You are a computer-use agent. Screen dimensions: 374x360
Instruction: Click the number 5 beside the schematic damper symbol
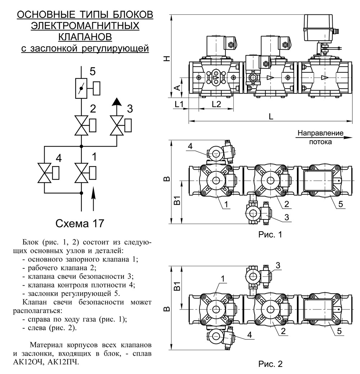93,71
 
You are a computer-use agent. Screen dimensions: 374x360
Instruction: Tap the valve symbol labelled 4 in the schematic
44,173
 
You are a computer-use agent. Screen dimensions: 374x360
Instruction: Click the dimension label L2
216,104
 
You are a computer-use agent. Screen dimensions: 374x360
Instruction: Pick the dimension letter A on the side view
176,88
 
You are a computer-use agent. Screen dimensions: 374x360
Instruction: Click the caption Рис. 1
270,235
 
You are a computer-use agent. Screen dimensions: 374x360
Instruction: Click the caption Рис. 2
270,364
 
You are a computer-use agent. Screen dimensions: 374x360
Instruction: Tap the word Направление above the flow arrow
321,133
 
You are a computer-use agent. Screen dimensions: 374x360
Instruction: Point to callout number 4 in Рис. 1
190,146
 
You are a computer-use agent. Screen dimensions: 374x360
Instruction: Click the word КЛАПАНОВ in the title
85,37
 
